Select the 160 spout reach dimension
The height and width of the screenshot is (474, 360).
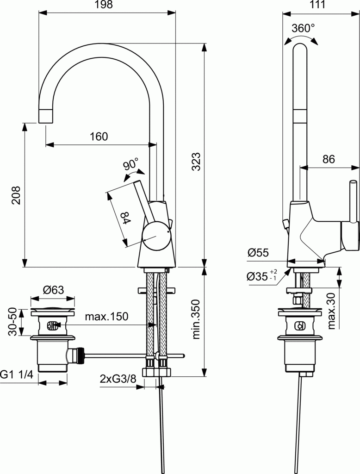pos(99,137)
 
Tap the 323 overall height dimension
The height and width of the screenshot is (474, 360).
pos(196,162)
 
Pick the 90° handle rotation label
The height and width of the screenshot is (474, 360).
pos(131,164)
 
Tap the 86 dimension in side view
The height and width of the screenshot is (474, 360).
pos(328,159)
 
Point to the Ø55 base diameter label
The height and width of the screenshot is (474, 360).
pos(258,253)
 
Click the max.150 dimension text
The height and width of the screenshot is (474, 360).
pos(106,317)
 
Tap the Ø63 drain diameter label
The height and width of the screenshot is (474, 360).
pos(53,290)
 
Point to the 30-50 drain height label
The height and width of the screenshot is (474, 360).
pos(12,321)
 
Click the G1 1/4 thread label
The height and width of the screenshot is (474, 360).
pos(17,374)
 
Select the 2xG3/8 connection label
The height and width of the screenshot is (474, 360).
pos(118,378)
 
